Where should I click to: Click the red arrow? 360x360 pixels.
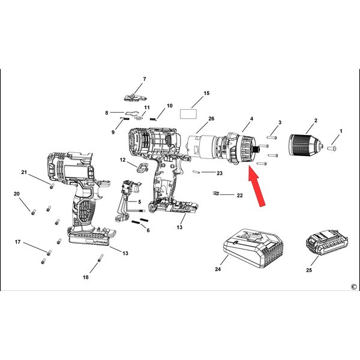(257, 186)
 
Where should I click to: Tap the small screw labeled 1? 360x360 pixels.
(332, 148)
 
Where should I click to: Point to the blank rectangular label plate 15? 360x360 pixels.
(188, 114)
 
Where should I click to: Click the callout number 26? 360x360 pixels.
(211, 119)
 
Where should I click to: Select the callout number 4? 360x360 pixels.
(251, 119)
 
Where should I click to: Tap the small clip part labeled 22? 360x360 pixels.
(215, 194)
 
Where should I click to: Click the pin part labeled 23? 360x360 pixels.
(196, 172)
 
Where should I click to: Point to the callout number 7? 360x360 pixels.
(145, 79)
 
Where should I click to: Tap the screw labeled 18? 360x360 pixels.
(100, 258)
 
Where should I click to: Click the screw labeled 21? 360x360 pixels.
(52, 185)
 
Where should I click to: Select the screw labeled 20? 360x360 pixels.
(34, 212)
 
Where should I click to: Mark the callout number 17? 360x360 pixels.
(17, 242)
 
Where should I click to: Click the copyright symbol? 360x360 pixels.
(354, 287)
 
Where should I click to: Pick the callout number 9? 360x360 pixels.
(113, 132)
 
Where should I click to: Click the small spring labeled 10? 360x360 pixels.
(153, 119)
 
